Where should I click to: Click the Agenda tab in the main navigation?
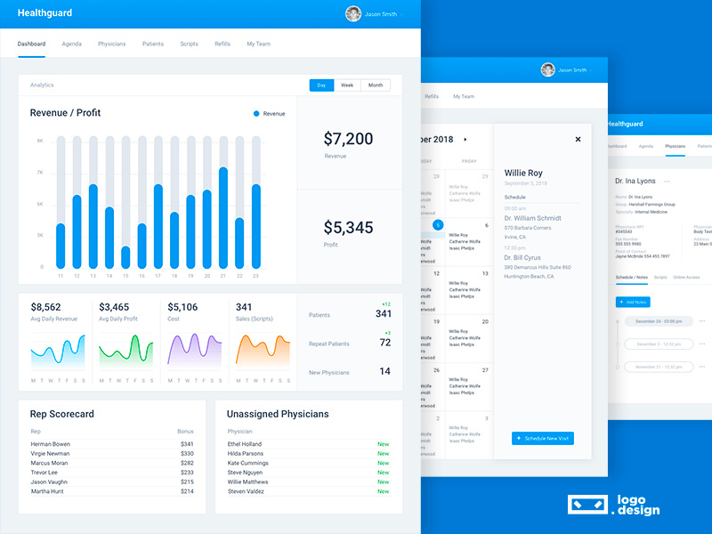[72, 44]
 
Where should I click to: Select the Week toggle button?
[347, 85]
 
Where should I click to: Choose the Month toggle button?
[376, 85]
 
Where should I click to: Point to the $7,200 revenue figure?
[348, 139]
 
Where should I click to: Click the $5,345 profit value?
[348, 228]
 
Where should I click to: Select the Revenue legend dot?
[256, 114]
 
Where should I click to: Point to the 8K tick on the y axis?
[40, 141]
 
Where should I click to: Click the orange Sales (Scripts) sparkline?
[263, 351]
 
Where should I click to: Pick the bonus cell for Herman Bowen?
[187, 444]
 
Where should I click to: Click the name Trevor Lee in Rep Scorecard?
[45, 473]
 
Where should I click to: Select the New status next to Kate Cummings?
[383, 463]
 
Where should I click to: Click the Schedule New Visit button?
[543, 439]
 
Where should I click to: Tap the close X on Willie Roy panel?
[578, 139]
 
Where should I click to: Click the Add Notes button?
[633, 303]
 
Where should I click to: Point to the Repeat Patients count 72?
[384, 343]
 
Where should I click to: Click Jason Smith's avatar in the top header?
[353, 14]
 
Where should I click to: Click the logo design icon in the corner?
[587, 505]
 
